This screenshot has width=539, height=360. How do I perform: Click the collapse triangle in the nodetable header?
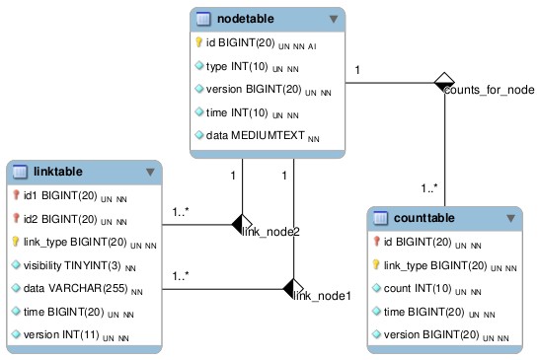[x=334, y=18]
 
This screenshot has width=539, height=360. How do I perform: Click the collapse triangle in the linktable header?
[x=150, y=172]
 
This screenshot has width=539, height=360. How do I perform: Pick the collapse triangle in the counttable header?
[x=510, y=217]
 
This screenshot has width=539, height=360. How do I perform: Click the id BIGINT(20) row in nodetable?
[x=256, y=43]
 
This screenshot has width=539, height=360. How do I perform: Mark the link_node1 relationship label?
[x=323, y=295]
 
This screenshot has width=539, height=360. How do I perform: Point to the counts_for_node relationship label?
[x=489, y=90]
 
